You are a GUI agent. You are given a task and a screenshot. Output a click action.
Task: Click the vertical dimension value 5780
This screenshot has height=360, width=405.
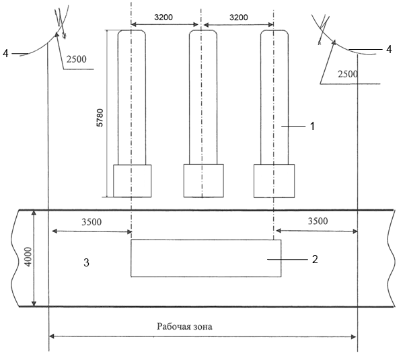click(100, 118)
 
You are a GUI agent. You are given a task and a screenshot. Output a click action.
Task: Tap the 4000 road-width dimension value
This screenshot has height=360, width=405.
click(28, 256)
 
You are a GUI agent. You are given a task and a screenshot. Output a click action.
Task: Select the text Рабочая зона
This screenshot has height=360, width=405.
click(185, 326)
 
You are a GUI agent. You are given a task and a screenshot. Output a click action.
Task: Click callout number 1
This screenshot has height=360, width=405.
click(312, 126)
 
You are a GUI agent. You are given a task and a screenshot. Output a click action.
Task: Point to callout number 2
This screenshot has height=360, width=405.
click(315, 259)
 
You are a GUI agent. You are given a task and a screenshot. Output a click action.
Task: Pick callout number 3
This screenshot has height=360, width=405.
click(86, 262)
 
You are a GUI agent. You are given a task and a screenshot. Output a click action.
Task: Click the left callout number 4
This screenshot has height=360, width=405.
click(5, 54)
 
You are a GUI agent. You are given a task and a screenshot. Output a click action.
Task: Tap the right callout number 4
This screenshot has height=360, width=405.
click(389, 49)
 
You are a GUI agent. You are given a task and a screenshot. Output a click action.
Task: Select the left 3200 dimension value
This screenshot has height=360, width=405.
click(163, 17)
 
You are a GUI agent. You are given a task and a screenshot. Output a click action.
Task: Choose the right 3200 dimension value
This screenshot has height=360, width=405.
click(239, 17)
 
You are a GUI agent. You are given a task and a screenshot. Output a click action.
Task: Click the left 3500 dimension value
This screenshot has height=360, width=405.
click(91, 222)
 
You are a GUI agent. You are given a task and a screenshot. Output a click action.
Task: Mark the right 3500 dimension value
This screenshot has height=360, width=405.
click(318, 221)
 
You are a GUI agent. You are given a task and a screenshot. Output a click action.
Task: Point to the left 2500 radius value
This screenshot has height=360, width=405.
click(77, 59)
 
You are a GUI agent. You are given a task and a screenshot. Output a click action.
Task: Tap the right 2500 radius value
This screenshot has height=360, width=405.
click(348, 74)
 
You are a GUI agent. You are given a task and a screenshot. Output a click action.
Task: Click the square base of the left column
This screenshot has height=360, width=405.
click(133, 181)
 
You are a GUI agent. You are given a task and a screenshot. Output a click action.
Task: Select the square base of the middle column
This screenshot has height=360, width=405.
click(204, 181)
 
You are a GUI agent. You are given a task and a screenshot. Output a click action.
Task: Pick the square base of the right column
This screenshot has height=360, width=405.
click(274, 181)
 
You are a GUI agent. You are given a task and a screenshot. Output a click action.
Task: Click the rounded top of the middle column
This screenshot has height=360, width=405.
click(203, 30)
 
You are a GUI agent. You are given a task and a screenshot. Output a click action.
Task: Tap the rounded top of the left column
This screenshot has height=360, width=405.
click(132, 30)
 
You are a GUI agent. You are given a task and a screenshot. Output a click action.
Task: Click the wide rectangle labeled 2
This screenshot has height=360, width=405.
click(206, 258)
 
